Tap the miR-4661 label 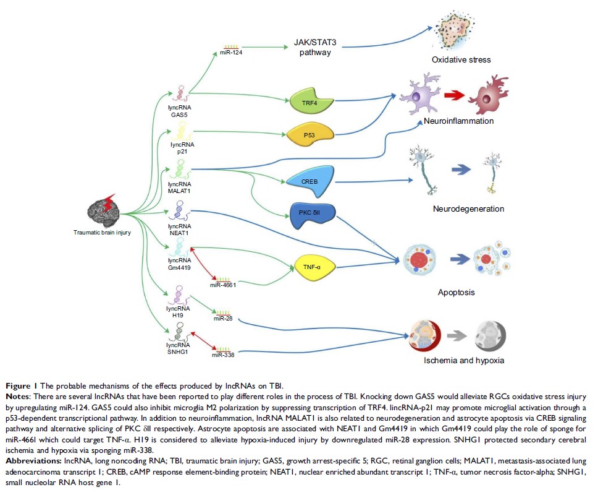point(224,285)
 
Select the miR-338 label point(223,355)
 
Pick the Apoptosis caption point(456,291)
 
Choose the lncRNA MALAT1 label point(180,187)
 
